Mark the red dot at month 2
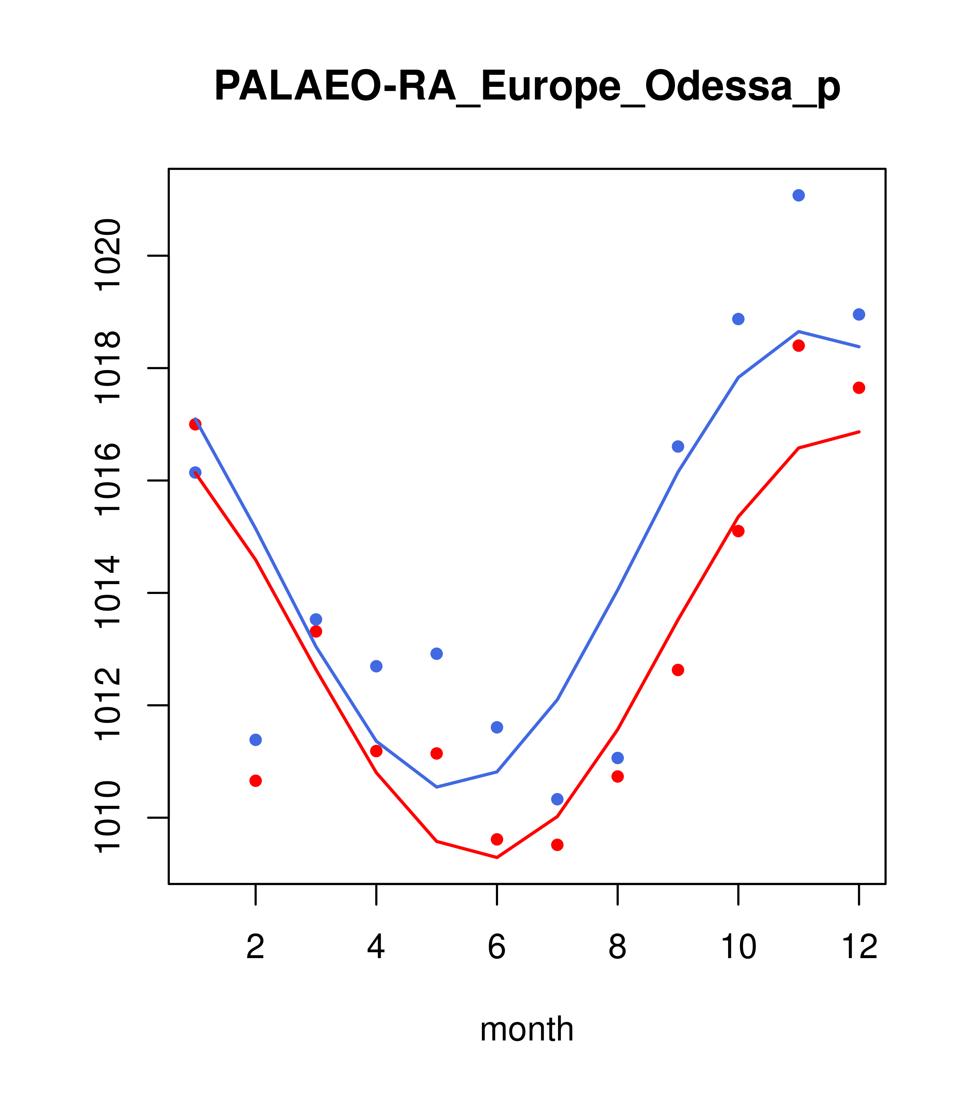(256, 781)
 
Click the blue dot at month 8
(617, 758)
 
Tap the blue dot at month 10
(738, 319)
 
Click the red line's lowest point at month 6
(497, 858)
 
